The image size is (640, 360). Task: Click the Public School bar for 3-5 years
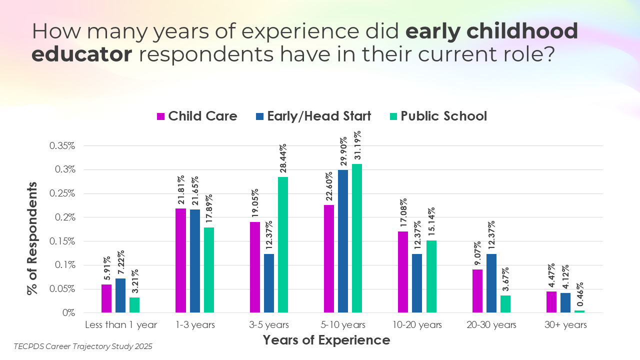283,244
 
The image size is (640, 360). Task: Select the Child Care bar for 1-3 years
180,260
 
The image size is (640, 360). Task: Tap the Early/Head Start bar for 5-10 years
343,241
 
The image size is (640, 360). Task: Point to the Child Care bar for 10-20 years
403,272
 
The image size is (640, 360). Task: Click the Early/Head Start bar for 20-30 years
491,283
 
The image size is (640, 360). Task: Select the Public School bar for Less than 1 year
134,305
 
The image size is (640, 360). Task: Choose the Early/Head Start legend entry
313,116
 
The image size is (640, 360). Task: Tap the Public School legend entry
437,116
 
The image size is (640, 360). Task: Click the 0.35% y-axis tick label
62,146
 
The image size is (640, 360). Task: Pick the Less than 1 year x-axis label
121,325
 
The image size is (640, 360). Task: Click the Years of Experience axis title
326,340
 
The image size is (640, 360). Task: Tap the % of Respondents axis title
32,238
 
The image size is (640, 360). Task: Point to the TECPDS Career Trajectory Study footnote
83,346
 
